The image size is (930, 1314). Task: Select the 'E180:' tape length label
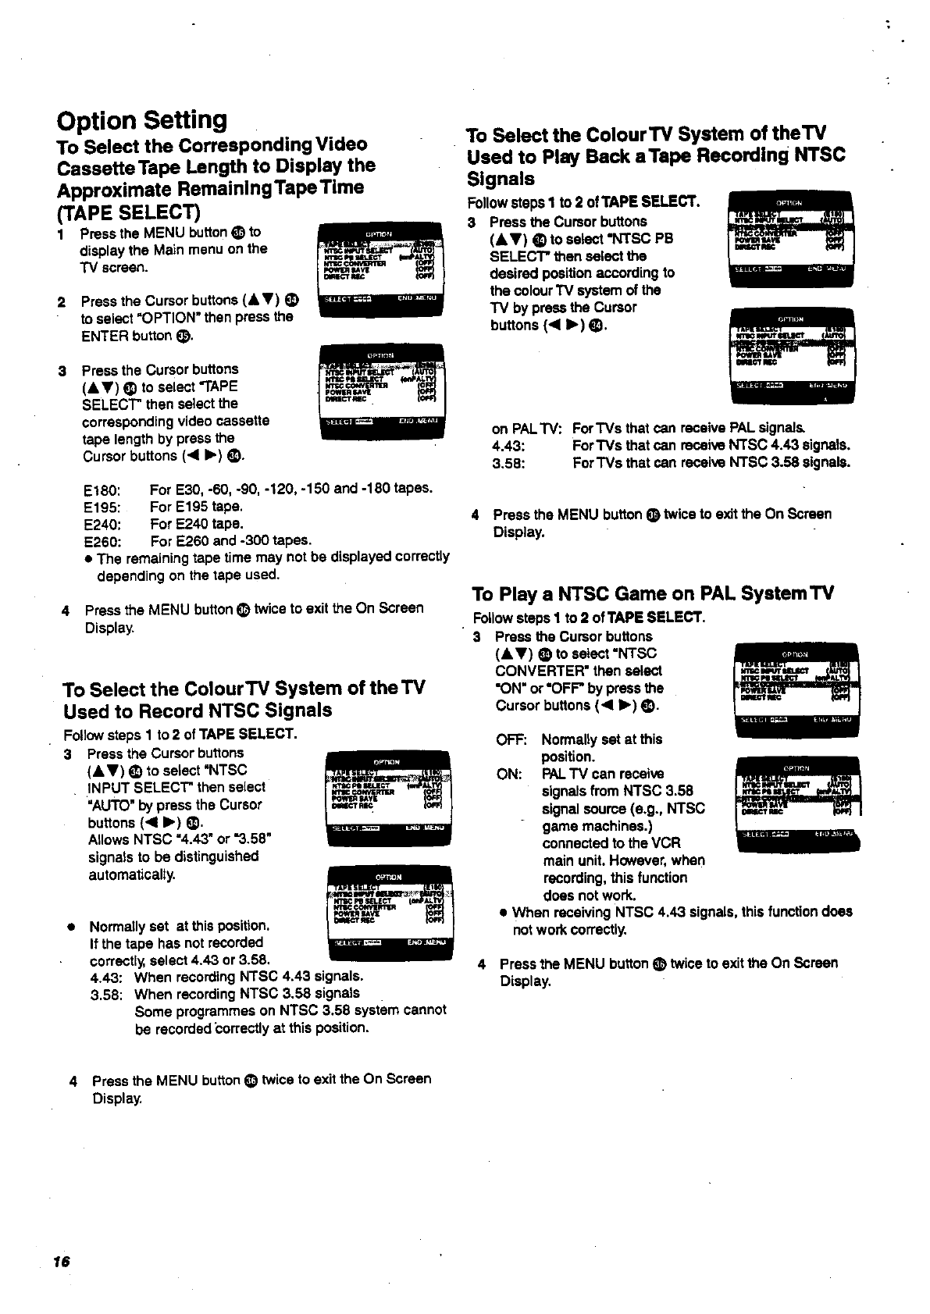(102, 490)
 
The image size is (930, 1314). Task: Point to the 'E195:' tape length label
(102, 507)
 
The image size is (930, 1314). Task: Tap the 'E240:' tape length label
(102, 524)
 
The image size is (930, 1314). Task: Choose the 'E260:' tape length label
(102, 541)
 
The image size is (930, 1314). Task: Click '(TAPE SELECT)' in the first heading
(129, 212)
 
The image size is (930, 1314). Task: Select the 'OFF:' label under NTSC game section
(511, 739)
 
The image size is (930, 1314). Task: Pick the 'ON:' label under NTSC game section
(509, 774)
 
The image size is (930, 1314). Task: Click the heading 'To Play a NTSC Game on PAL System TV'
(653, 594)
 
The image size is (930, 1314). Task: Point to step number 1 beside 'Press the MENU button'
(61, 233)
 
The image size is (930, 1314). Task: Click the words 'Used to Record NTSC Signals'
(198, 710)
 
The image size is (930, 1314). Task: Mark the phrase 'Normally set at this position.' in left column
(180, 927)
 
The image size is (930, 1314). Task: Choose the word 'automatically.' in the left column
(131, 874)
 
